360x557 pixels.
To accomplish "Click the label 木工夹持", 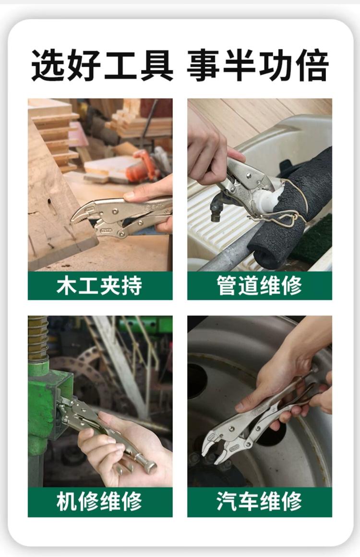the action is [x=99, y=285].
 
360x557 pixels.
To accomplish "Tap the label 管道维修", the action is [x=259, y=285].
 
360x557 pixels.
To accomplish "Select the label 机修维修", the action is [x=99, y=501].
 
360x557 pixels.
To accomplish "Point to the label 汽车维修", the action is [x=259, y=501].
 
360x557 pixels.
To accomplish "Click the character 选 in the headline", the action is [x=48, y=65].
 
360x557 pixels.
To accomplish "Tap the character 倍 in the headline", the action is [x=312, y=65].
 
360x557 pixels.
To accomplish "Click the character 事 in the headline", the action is [x=203, y=65].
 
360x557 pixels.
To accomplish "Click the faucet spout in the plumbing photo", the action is [x=216, y=209].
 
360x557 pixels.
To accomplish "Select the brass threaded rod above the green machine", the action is [x=37, y=337].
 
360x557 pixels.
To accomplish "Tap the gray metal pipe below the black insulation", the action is [x=228, y=251].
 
